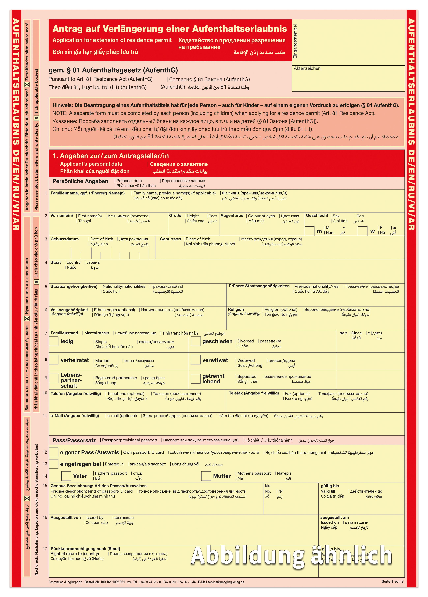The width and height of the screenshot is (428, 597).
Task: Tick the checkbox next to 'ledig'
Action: [x=54, y=341]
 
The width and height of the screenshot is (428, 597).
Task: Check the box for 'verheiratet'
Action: [x=54, y=360]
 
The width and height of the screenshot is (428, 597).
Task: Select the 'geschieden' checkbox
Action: [x=195, y=341]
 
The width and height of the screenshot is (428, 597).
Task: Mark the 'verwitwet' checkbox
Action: [x=195, y=360]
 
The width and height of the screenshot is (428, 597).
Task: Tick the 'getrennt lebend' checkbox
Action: [x=195, y=379]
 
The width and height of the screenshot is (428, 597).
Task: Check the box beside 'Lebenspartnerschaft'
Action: [x=54, y=378]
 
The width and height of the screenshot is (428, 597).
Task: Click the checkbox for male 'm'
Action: [x=310, y=231]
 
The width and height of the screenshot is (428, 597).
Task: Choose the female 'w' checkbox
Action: [x=362, y=231]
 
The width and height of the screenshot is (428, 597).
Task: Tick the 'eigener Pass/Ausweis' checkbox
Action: [x=54, y=452]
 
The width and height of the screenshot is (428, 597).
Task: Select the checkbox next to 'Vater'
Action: [x=66, y=476]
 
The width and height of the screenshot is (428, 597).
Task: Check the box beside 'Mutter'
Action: [x=206, y=476]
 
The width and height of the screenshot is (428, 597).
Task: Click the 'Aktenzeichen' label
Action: [x=307, y=68]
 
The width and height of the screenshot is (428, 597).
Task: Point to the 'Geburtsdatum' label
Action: [x=65, y=239]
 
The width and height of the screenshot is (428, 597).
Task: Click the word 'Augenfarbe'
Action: [x=232, y=216]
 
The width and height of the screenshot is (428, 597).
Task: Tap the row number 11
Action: [x=45, y=416]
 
